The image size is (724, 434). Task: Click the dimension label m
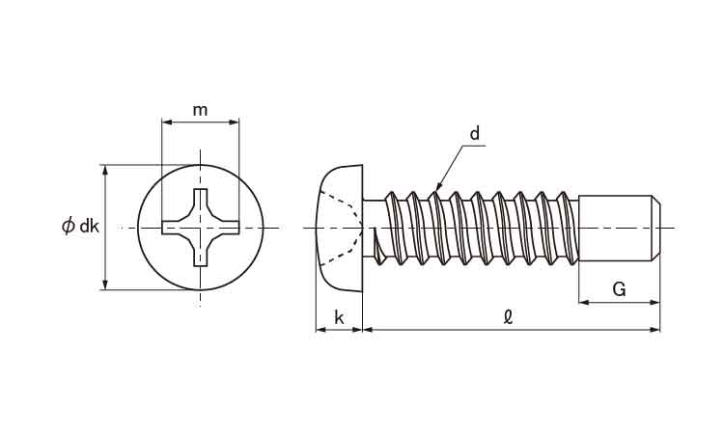[x=200, y=111]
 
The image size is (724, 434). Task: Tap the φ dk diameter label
[x=80, y=226]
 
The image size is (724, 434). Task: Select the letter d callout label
[x=475, y=134]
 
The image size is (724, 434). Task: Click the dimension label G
[x=619, y=289]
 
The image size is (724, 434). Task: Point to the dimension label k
[x=340, y=317]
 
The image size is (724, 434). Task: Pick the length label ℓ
[x=508, y=317]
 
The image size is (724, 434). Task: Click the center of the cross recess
[x=201, y=228]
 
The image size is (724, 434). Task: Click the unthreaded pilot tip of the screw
[x=619, y=229]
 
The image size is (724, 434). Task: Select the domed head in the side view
[x=340, y=228]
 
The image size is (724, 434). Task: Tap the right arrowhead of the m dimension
[x=235, y=122]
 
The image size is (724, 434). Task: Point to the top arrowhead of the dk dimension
[x=105, y=170]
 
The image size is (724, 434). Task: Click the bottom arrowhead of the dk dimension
[x=105, y=285]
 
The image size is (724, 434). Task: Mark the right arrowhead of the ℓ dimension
[x=655, y=329]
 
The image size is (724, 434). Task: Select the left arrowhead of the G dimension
[x=584, y=303]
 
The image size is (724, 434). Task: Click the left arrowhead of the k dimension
[x=321, y=329]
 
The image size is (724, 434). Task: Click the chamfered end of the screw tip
[x=657, y=229]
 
